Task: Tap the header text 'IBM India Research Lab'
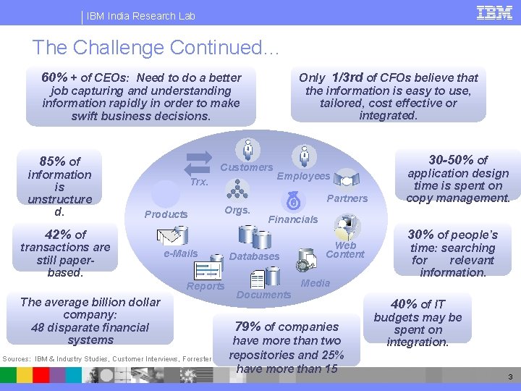tap(141, 16)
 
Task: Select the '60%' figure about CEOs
tap(55, 77)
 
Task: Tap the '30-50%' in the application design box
tap(452, 160)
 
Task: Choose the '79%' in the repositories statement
tap(247, 327)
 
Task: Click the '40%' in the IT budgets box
tap(404, 304)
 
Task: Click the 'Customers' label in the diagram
tap(247, 167)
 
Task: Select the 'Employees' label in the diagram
tap(303, 176)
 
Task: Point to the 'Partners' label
tap(348, 198)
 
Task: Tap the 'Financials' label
tap(293, 219)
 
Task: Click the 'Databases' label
tap(254, 256)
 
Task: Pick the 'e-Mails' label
tap(180, 253)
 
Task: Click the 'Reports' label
tap(206, 286)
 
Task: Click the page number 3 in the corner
tap(510, 377)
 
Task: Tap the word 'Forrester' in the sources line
tap(195, 358)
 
